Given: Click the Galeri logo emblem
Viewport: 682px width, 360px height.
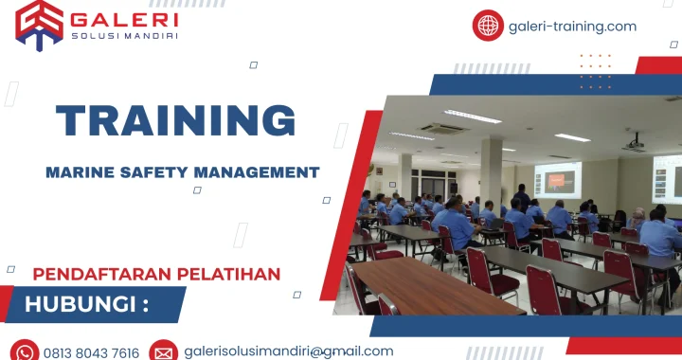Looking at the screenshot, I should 39,24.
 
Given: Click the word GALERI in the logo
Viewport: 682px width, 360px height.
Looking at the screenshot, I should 124,18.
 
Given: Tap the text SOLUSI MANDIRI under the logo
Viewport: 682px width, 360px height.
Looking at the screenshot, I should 124,36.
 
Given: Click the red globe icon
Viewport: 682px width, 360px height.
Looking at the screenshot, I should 488,26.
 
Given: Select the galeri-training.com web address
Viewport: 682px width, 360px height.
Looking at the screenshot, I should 572,26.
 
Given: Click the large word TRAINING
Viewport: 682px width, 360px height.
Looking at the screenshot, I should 175,121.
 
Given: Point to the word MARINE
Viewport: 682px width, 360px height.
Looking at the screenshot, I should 82,171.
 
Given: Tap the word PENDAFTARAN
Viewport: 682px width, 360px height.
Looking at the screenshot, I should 100,274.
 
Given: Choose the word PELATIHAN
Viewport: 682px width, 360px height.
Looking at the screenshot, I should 226,274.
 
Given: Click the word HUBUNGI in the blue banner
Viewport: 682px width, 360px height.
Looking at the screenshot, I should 81,304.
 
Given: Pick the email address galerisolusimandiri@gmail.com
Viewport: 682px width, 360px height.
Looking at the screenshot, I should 288,351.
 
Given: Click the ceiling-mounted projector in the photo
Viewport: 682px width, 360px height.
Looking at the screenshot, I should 633,144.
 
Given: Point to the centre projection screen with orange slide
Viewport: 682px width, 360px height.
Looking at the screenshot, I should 558,180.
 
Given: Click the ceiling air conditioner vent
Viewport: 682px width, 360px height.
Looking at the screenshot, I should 443,129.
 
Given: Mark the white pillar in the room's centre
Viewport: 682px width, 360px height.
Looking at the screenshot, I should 491,171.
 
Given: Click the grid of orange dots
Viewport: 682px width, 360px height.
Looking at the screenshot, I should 596,71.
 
